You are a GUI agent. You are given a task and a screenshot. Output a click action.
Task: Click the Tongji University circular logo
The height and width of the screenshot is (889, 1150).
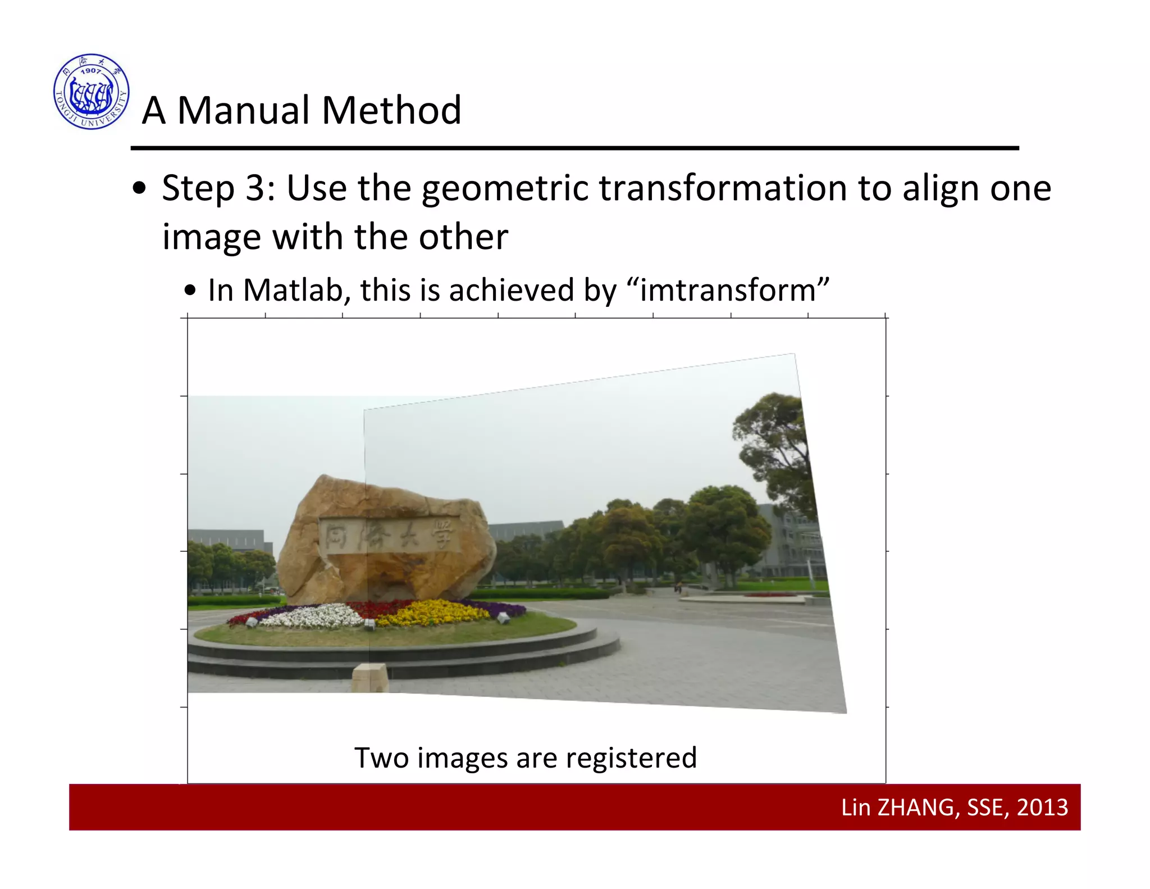[92, 92]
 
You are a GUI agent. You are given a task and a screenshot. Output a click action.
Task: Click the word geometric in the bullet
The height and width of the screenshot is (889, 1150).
[504, 189]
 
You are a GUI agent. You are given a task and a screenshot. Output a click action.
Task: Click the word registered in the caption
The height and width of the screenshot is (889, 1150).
[631, 758]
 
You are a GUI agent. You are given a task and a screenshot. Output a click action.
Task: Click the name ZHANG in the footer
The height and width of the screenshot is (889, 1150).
[915, 808]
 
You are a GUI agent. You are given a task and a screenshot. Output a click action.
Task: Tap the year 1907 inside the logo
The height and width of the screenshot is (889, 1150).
[91, 71]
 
